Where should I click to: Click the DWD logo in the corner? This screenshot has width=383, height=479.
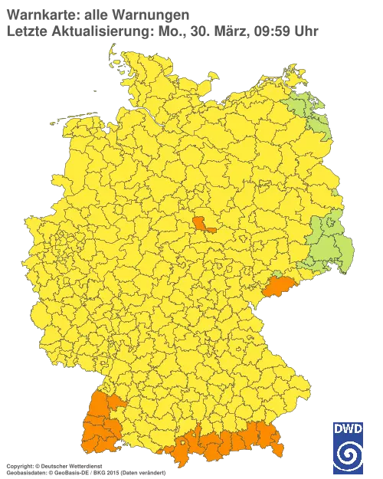pos(348,446)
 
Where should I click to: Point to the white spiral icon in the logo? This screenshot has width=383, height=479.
pos(348,455)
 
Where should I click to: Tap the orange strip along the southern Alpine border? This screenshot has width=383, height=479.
pos(230,441)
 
